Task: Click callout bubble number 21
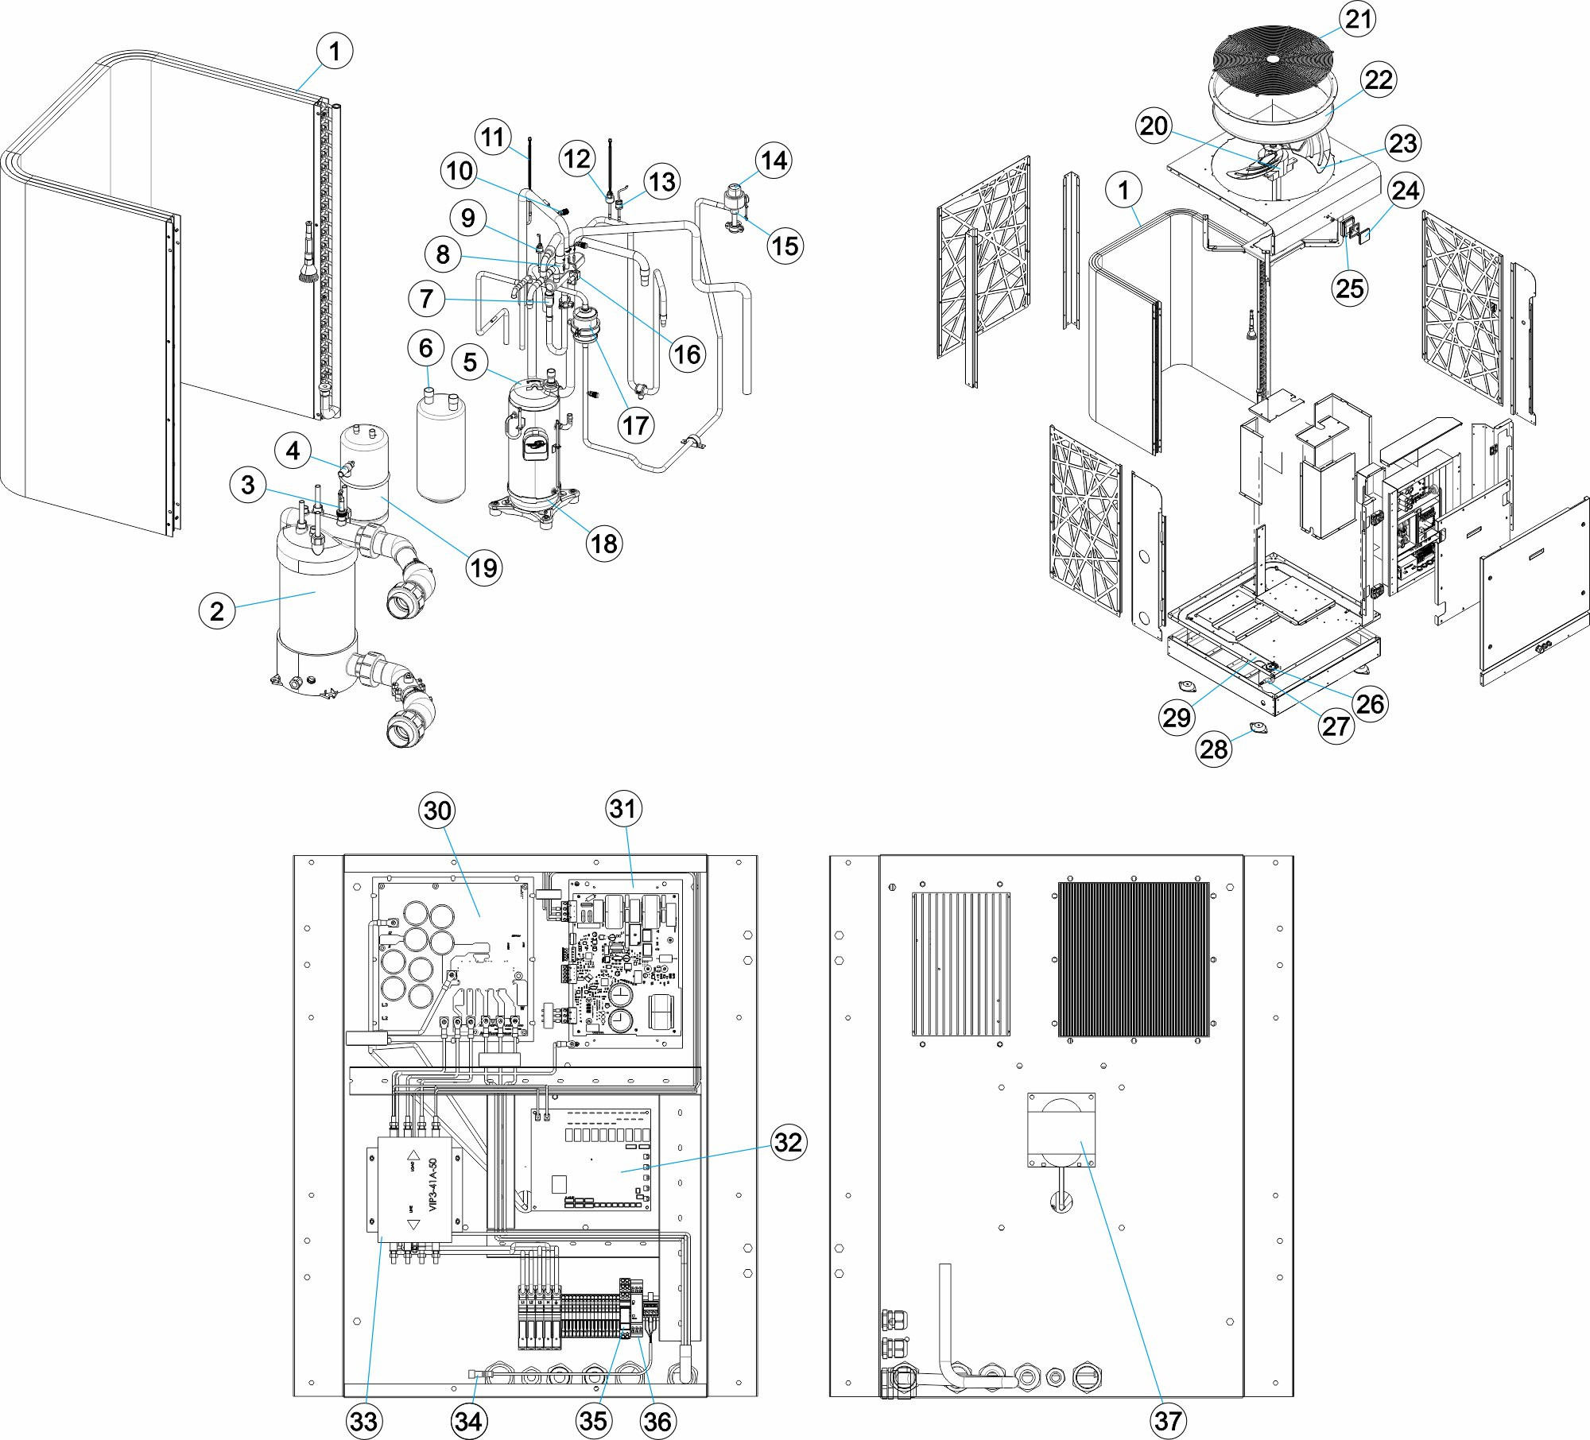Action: coord(1358,19)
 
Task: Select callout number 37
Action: coord(1167,1420)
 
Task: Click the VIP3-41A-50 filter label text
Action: coord(433,1184)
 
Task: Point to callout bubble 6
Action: coord(425,347)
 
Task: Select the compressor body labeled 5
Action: coord(533,445)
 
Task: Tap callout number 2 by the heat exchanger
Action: coord(216,611)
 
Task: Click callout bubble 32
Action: coord(788,1142)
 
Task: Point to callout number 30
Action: coord(437,811)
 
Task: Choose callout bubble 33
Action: coord(363,1420)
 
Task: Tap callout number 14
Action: coord(774,161)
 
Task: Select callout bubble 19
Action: coord(483,567)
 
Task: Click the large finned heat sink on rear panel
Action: coord(1134,959)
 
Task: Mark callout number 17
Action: coord(635,426)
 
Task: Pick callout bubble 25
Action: coord(1350,288)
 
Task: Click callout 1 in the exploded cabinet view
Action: coord(1123,191)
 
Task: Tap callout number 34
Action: coord(467,1420)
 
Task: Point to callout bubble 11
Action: coord(493,137)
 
